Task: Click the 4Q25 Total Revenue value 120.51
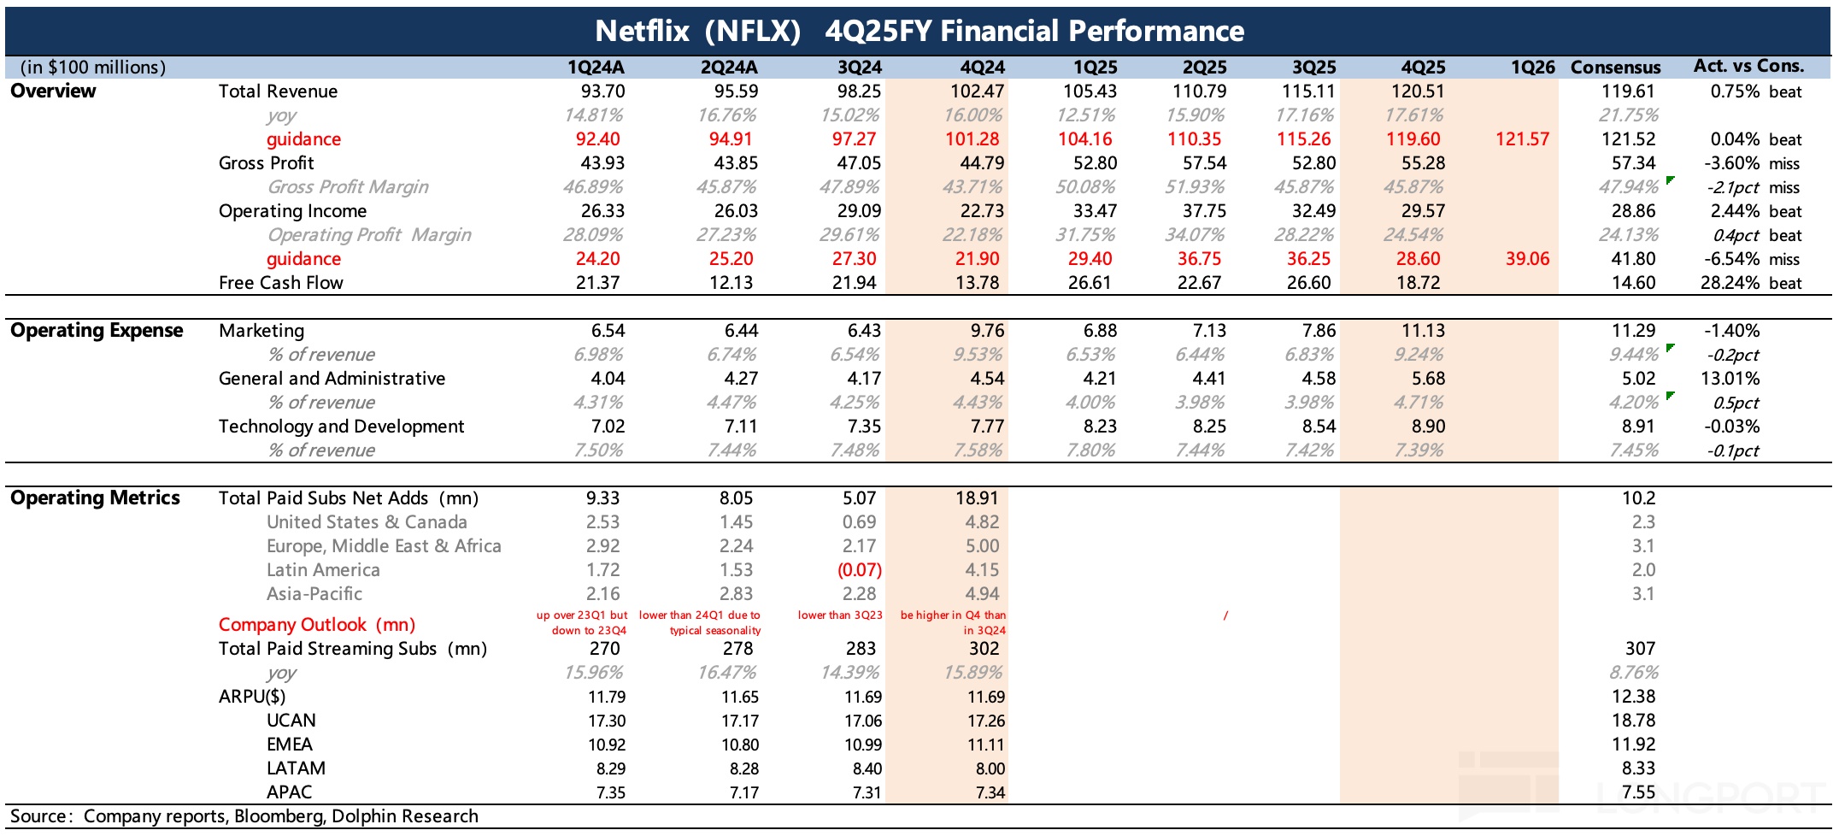point(1418,91)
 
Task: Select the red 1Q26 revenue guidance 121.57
point(1522,139)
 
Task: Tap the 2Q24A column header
point(729,68)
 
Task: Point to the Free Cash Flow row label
point(280,283)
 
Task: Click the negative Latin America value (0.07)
point(859,570)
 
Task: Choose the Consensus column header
point(1615,68)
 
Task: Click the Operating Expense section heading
point(97,331)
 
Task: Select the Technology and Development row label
point(341,427)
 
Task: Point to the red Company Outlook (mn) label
point(317,625)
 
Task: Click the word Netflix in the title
point(642,32)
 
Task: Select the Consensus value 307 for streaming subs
point(1640,649)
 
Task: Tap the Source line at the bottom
point(244,816)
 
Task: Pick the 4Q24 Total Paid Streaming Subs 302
point(984,649)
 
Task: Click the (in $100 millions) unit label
point(93,68)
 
